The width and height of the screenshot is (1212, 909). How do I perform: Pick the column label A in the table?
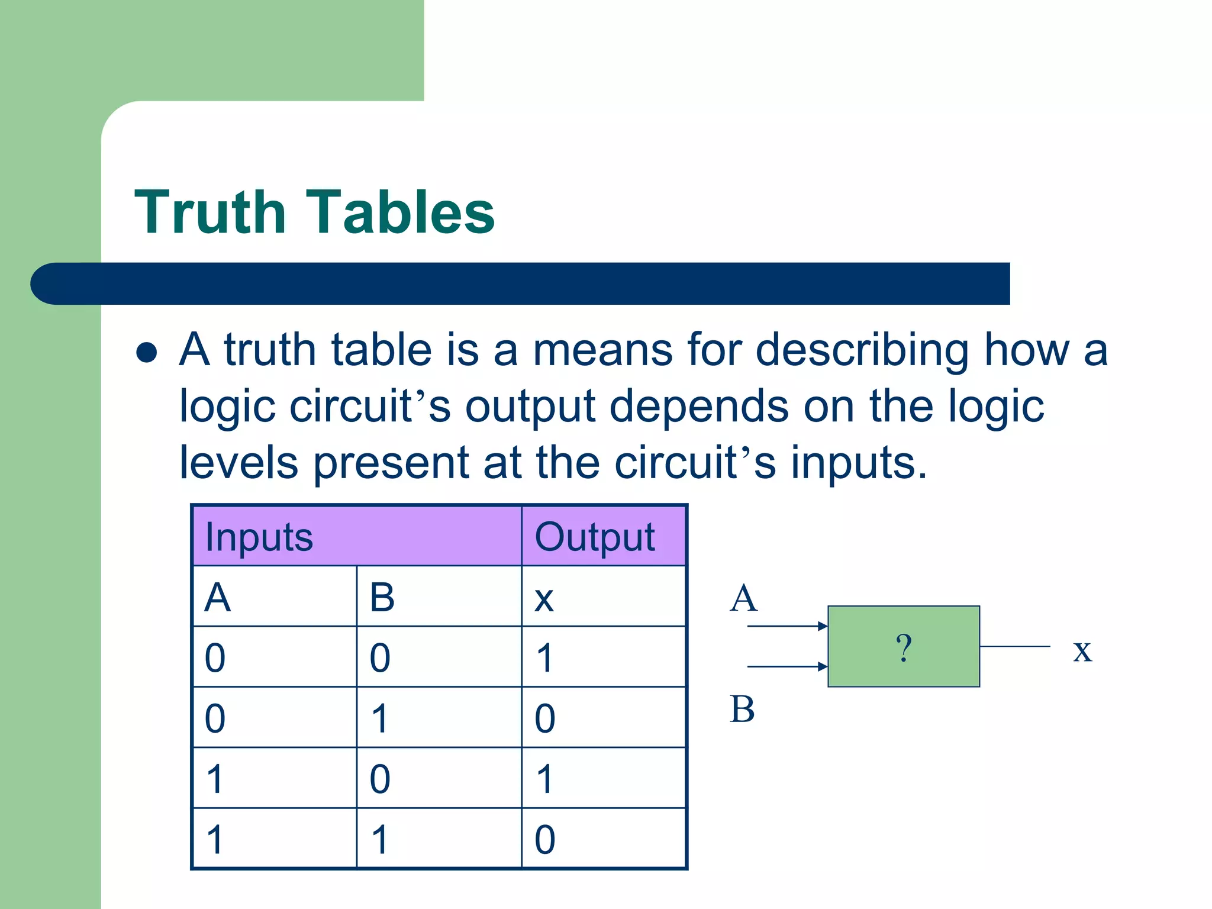point(217,598)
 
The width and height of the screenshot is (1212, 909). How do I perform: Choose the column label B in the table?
point(382,598)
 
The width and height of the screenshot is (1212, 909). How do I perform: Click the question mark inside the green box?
point(903,647)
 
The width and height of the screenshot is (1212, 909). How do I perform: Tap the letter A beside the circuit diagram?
point(743,598)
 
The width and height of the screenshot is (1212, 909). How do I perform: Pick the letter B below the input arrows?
point(742,709)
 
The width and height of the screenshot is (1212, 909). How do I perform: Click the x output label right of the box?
point(1082,650)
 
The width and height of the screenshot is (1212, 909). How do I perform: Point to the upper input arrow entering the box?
point(787,626)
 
